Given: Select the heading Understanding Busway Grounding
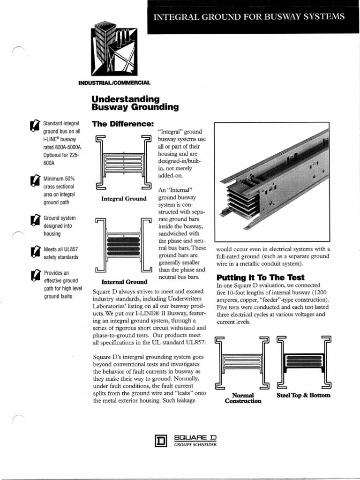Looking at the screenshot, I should point(135,103).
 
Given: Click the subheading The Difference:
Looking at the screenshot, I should point(123,124).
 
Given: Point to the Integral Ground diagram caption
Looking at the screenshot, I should point(124,199).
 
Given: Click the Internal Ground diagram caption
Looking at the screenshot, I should point(124,282).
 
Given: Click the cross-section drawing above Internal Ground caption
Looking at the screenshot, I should point(124,245).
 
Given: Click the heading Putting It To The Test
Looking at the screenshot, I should point(254,277).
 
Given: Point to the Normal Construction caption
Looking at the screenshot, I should point(243,398).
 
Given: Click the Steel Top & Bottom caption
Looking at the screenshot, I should point(304,395).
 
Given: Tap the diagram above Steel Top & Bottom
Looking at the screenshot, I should point(304,362).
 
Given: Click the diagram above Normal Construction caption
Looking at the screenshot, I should point(243,362).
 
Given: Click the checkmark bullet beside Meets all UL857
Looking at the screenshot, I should point(35,252).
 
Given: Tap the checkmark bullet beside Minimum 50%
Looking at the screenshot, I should point(35,181).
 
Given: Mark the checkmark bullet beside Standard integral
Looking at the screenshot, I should point(35,125).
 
